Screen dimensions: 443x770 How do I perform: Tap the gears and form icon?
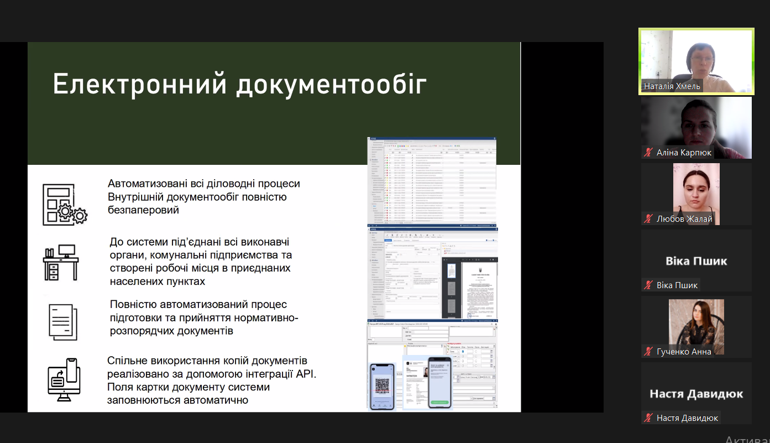coord(64,205)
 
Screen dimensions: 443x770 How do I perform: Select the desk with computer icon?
coord(61,263)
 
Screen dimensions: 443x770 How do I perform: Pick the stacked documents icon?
coord(62,321)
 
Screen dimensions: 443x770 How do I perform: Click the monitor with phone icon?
coord(64,379)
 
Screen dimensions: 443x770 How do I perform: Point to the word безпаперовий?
coord(143,211)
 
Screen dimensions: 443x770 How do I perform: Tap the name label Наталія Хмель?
coord(672,86)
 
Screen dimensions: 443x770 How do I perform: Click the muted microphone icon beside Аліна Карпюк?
coord(648,153)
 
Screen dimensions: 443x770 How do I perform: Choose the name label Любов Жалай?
coord(684,219)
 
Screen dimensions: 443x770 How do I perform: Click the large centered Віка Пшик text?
coord(695,261)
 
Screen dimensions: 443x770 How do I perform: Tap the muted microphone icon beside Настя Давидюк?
coord(648,418)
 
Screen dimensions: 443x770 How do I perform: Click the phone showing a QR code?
coord(382,385)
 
